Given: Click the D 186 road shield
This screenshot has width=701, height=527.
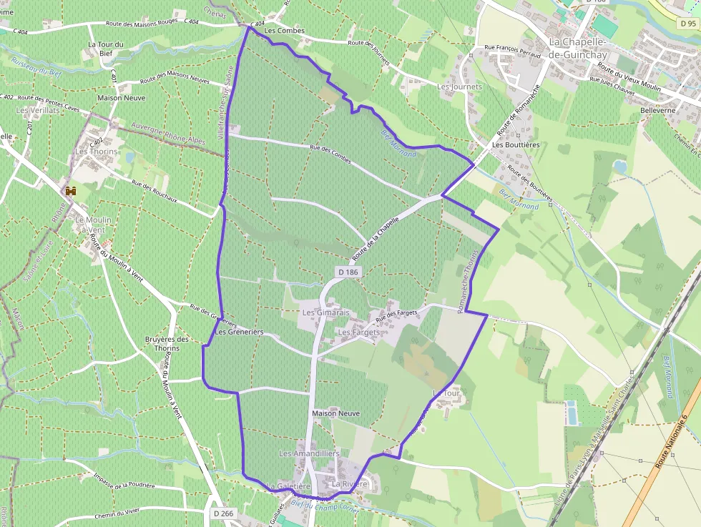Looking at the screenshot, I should point(348,272).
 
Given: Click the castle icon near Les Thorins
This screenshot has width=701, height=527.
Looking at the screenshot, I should point(71,191).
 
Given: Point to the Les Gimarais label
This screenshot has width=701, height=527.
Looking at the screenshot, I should point(325,312).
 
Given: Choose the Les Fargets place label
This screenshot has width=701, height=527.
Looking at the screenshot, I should point(358,333).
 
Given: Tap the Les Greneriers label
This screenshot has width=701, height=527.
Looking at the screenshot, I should point(239,332).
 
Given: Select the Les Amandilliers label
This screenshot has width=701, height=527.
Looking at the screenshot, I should point(309,453).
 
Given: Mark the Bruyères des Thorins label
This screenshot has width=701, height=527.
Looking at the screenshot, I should point(162,343).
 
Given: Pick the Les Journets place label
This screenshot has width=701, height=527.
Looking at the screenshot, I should point(459,87).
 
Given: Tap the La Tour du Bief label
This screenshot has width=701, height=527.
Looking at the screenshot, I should point(106,49).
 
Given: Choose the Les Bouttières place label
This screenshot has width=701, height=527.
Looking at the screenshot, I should point(516,144).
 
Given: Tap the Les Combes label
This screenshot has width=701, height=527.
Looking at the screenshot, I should point(284,31).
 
